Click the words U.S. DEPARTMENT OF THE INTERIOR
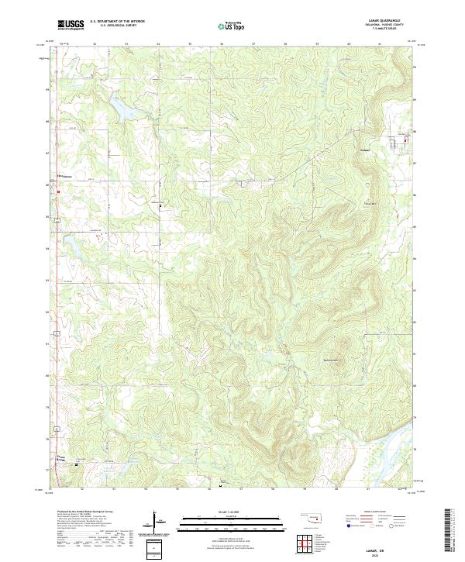[116, 22]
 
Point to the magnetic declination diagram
[157, 523]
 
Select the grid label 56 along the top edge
[222, 44]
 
